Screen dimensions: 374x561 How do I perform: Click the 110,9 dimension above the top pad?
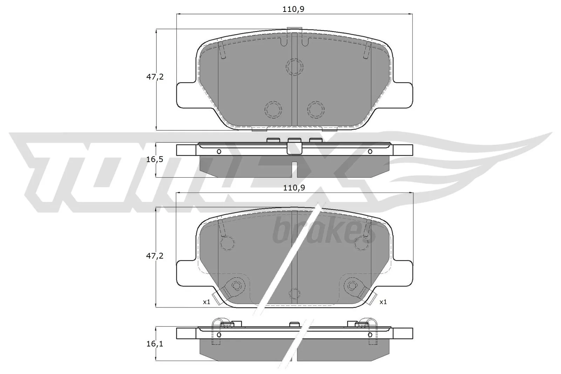[294, 9]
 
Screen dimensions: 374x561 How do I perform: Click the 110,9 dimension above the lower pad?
[294, 188]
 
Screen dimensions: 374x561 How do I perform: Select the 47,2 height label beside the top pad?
[155, 77]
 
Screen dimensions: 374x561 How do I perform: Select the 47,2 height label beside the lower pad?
[155, 256]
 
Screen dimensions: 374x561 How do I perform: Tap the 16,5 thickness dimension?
[155, 159]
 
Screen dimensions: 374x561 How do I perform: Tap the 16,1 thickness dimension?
[155, 344]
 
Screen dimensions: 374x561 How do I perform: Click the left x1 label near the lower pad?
[206, 301]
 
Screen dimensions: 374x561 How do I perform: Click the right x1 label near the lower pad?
[383, 301]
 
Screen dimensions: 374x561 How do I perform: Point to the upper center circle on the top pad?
[294, 66]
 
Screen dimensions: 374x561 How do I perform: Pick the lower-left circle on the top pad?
[273, 110]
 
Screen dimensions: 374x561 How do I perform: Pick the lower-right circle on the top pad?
[316, 110]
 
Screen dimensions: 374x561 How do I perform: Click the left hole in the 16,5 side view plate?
[219, 151]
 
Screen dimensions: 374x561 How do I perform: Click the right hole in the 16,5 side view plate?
[370, 151]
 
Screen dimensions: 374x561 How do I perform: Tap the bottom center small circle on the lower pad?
[295, 293]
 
